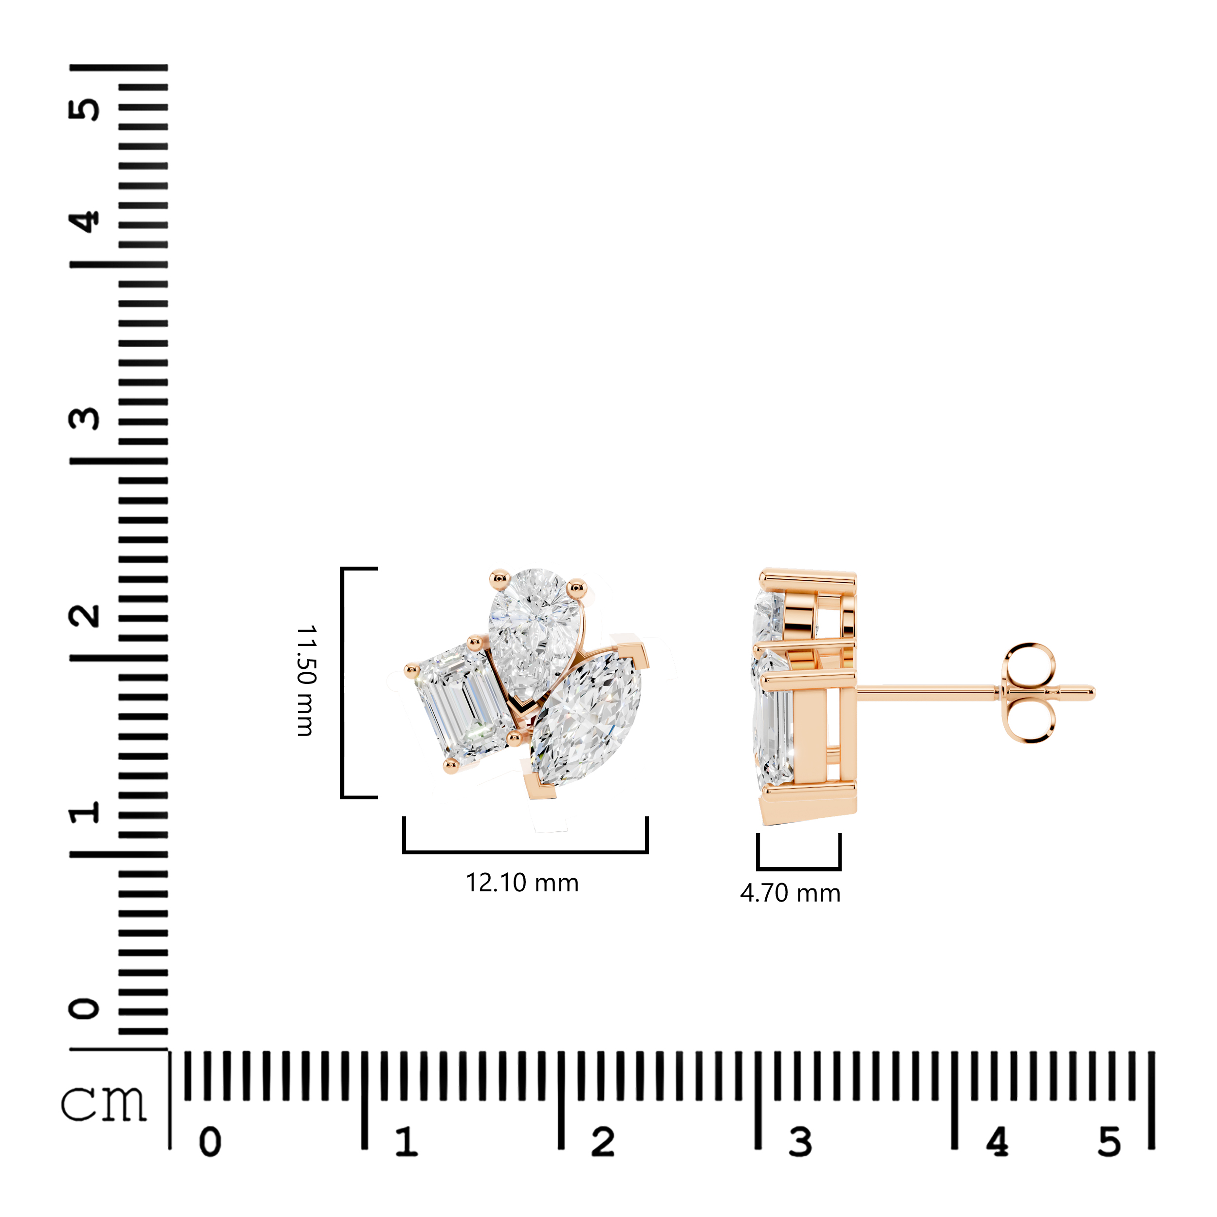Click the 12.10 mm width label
pyautogui.click(x=522, y=883)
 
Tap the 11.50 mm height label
pyautogui.click(x=306, y=681)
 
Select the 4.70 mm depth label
pyautogui.click(x=791, y=893)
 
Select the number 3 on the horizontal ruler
pyautogui.click(x=800, y=1142)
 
